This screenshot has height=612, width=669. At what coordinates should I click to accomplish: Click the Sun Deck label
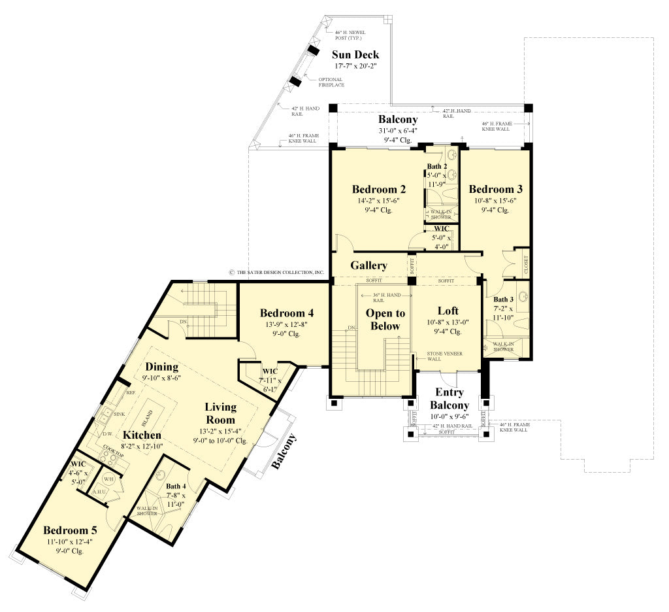tap(355, 54)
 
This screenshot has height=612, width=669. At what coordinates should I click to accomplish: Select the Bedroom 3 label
tap(495, 189)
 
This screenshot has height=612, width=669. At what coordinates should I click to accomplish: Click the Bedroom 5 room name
tap(70, 530)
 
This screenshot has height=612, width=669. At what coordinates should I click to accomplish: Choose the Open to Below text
tap(385, 320)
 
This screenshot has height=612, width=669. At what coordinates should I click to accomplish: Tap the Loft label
tap(448, 311)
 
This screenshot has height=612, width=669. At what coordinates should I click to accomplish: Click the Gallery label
tap(368, 265)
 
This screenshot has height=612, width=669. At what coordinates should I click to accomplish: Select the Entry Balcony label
tap(449, 399)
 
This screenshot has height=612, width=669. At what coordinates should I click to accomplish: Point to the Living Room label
tap(220, 412)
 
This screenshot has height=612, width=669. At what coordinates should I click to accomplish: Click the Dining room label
tap(162, 367)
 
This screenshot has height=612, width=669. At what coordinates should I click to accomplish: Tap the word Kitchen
tap(142, 435)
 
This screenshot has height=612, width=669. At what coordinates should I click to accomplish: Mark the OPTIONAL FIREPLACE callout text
tap(331, 82)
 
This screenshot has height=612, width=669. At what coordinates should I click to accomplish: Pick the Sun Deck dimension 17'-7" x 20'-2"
tap(355, 66)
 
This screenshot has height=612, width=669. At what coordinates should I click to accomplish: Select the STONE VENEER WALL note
tap(444, 356)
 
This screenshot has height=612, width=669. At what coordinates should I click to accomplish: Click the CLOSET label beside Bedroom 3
tap(527, 263)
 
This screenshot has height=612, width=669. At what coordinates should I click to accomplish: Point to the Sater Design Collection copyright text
tap(276, 272)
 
